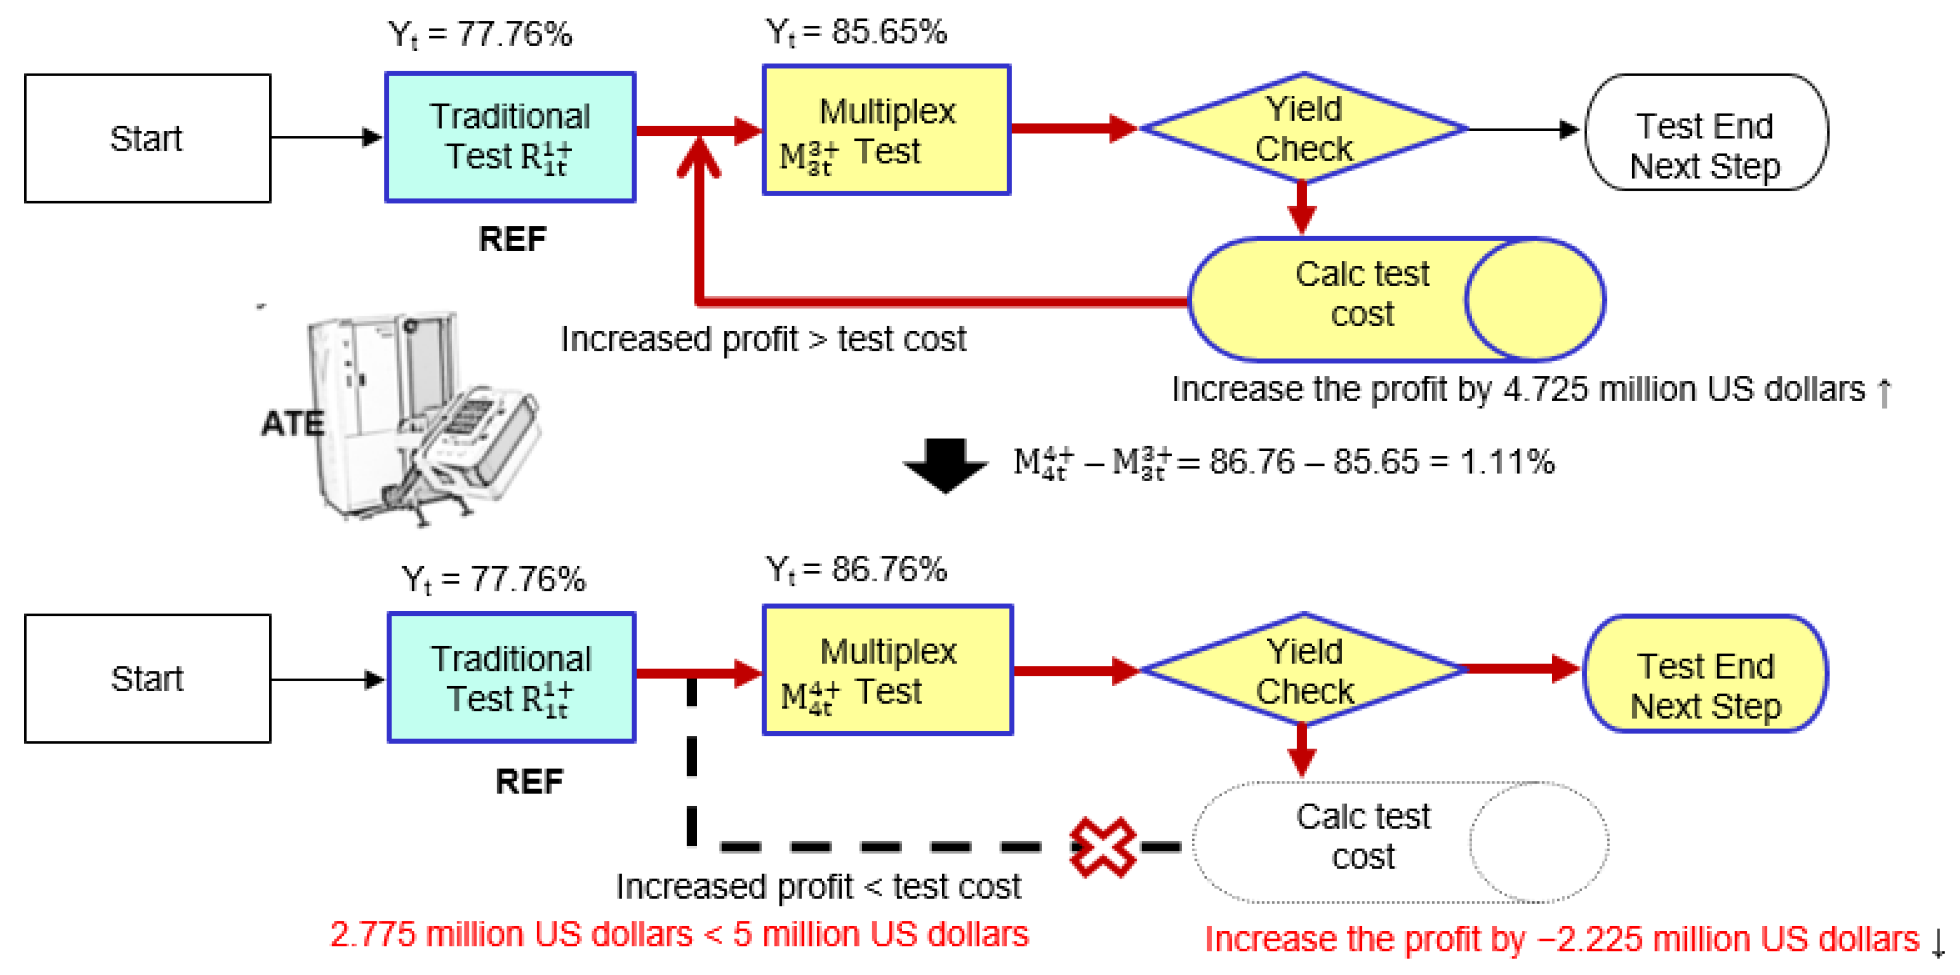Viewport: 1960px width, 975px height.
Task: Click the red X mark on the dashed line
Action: (x=1103, y=846)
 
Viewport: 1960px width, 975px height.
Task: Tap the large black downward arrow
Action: (x=945, y=464)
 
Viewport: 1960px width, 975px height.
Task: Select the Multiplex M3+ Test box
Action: (x=887, y=130)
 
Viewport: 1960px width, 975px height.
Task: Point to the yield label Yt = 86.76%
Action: (x=856, y=569)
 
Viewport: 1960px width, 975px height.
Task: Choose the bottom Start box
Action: (x=147, y=678)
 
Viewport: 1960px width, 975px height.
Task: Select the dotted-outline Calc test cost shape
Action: (x=1400, y=842)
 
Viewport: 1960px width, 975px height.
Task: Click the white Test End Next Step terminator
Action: (x=1706, y=132)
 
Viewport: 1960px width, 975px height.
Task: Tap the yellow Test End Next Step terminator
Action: (x=1706, y=673)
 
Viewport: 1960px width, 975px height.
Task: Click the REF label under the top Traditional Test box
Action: (x=512, y=240)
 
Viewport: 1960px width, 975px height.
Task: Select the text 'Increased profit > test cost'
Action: (x=763, y=339)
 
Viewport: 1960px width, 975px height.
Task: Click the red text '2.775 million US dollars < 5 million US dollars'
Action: (x=679, y=934)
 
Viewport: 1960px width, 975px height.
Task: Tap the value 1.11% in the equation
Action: (x=1507, y=461)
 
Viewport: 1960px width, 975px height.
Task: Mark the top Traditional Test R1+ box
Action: (x=510, y=137)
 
